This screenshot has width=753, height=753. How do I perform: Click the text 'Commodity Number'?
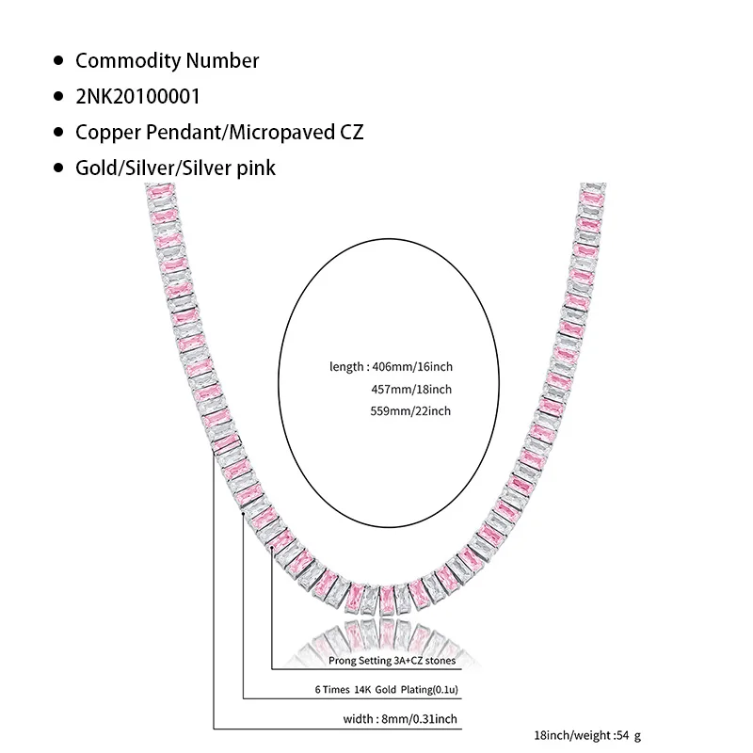pos(167,61)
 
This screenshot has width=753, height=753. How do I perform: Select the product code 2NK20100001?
pos(137,97)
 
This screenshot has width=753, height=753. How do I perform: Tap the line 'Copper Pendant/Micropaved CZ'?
pos(218,132)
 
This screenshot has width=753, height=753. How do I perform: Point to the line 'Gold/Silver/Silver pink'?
pos(175,168)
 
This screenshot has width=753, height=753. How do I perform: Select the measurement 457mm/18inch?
pos(412,389)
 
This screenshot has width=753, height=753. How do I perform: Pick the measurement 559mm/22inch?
pos(412,410)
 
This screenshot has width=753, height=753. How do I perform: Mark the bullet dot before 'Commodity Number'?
pos(58,61)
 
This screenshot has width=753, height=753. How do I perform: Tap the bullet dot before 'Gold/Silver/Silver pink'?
pos(58,168)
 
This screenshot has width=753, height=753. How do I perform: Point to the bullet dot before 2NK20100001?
pos(58,97)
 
